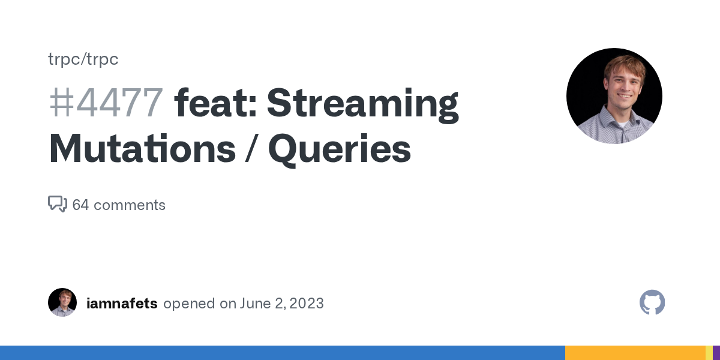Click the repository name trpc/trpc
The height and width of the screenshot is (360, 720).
tap(83, 59)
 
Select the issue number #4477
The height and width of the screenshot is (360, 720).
tap(106, 103)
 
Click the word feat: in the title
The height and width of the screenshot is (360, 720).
tap(215, 103)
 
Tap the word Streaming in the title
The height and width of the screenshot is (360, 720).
tap(362, 106)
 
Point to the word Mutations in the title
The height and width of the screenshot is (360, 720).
tap(142, 149)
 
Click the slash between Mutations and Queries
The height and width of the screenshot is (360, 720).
tap(252, 149)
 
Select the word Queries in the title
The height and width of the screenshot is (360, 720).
tap(340, 151)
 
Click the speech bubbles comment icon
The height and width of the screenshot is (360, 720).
tap(58, 204)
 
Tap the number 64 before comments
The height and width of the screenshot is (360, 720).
tap(80, 205)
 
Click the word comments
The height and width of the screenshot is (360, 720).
tap(130, 205)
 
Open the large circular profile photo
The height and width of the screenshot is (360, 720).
tap(614, 96)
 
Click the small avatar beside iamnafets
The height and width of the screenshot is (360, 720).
tap(62, 302)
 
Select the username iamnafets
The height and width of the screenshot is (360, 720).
tap(122, 304)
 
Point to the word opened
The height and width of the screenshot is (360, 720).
tap(189, 304)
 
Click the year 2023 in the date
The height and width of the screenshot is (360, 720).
tap(307, 304)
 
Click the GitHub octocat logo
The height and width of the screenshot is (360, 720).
tap(652, 302)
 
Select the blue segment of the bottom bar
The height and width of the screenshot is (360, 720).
tap(283, 353)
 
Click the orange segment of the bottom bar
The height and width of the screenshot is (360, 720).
tap(635, 353)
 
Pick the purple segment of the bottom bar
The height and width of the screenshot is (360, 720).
tap(716, 353)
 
